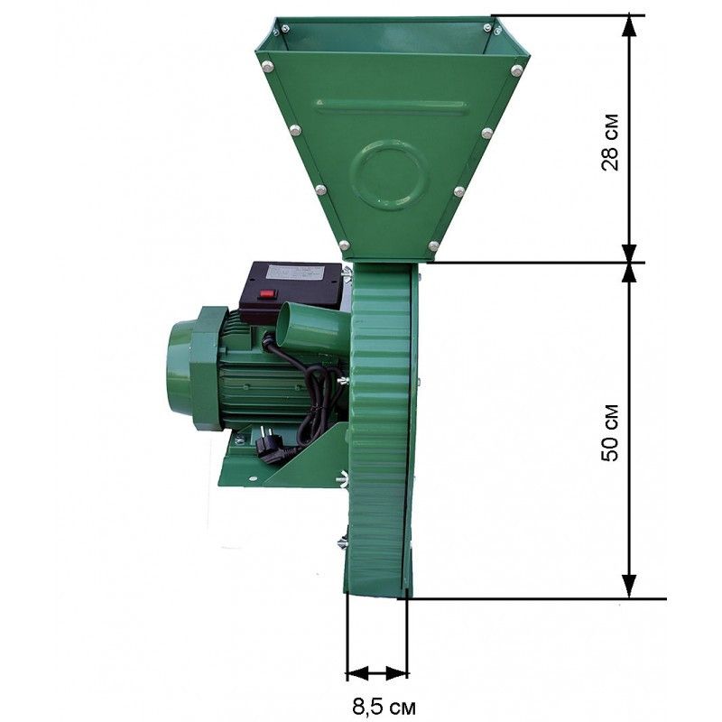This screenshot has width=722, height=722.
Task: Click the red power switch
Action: (266, 292)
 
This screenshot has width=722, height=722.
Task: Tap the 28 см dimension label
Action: (610, 142)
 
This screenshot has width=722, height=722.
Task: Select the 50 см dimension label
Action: (610, 432)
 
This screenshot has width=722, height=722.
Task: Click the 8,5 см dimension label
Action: (384, 707)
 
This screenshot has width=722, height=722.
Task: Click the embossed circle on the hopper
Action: (389, 174)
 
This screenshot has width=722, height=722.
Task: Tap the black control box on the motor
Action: (291, 290)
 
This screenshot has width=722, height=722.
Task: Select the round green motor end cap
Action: (178, 374)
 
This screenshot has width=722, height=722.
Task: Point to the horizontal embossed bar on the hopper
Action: (392, 106)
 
